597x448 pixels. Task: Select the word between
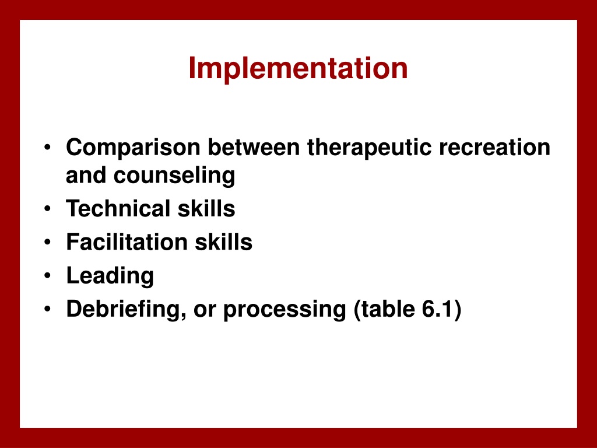coord(254,147)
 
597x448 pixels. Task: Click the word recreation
coord(494,148)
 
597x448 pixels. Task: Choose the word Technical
coord(118,209)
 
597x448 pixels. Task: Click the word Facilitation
coord(127,242)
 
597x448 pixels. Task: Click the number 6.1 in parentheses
coord(436,309)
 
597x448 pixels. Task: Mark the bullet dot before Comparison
coord(47,148)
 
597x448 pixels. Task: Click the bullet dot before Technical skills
coord(47,209)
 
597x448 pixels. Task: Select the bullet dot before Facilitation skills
coord(47,242)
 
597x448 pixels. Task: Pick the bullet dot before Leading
coord(47,275)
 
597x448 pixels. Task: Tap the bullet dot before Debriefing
coord(47,309)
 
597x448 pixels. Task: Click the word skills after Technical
coord(206,209)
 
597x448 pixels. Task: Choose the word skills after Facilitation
coord(223,242)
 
